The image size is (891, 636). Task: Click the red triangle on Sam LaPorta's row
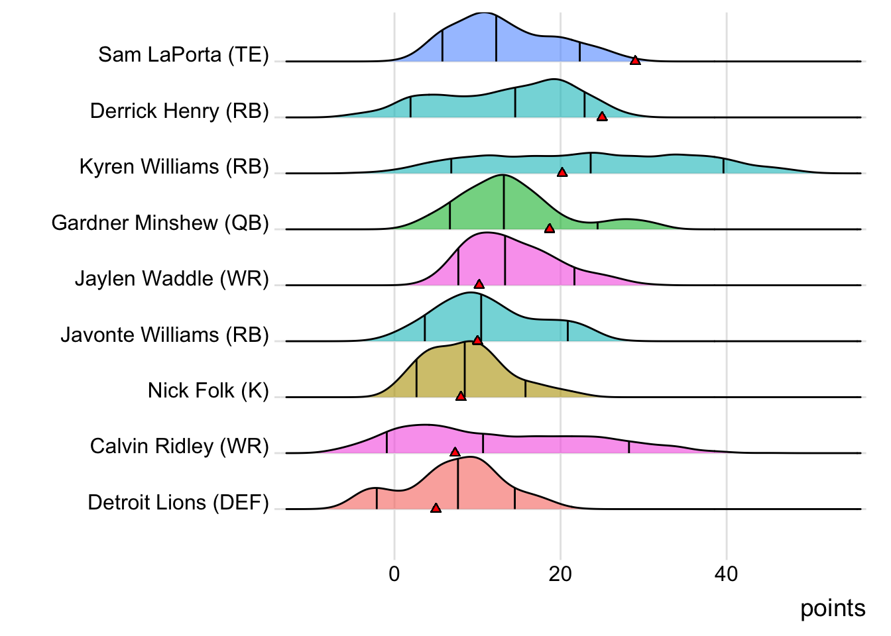[x=635, y=60]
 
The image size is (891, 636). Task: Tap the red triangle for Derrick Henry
[x=602, y=117]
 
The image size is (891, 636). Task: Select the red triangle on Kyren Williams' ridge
[x=562, y=172]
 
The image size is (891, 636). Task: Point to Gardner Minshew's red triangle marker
[x=549, y=229]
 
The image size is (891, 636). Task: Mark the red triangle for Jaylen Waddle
[x=479, y=284]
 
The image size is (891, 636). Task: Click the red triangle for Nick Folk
[x=461, y=396]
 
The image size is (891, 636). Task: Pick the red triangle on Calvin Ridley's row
[x=455, y=452]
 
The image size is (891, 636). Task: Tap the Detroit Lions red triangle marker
[x=436, y=508]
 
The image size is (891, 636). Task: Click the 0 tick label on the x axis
[x=394, y=574]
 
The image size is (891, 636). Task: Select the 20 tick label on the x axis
[x=560, y=574]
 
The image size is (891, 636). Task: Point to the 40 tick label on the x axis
[x=726, y=574]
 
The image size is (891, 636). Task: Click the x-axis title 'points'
[x=833, y=608]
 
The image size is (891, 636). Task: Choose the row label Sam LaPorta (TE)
[x=184, y=54]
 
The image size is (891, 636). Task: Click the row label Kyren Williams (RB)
[x=174, y=166]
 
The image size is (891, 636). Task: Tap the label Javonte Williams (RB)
[x=165, y=335]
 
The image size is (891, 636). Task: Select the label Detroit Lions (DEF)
[x=178, y=502]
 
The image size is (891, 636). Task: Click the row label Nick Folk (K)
[x=208, y=390]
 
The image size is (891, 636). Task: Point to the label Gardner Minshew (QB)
[x=160, y=223]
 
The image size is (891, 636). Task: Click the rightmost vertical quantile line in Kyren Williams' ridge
[x=723, y=166]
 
